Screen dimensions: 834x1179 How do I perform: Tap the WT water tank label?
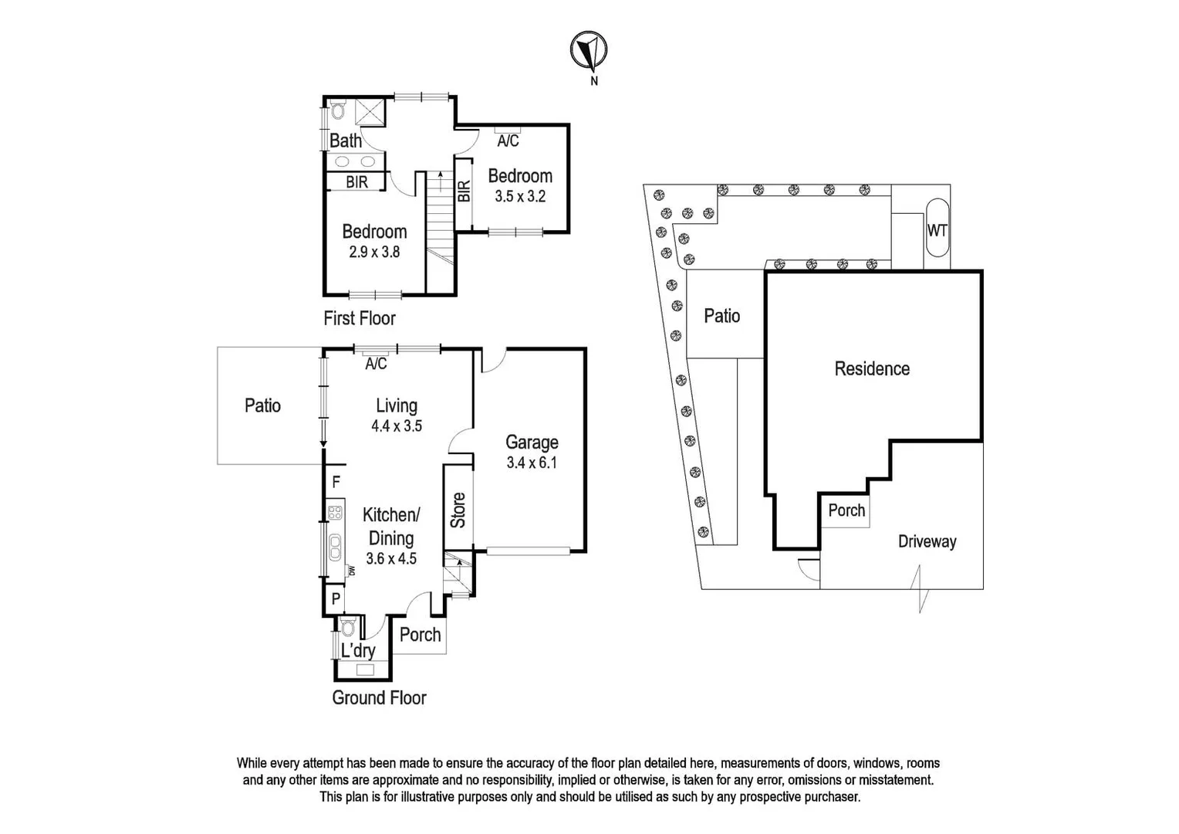click(937, 230)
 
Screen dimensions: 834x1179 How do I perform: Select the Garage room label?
click(532, 442)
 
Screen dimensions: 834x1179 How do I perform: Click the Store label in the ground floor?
click(458, 510)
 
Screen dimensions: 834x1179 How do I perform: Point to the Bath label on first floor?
click(345, 141)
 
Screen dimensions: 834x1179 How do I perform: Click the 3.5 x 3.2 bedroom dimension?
click(520, 196)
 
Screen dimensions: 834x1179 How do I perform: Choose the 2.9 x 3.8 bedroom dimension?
click(374, 252)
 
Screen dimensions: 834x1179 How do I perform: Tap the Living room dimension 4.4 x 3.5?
click(397, 425)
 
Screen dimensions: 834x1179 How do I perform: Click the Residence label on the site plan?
click(872, 369)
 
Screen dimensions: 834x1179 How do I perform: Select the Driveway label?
click(927, 541)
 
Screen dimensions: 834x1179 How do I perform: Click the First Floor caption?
click(359, 318)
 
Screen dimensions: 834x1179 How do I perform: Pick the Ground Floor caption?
click(379, 698)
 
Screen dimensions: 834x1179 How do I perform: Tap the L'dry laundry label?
click(358, 650)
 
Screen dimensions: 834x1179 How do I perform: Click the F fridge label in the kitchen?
click(336, 483)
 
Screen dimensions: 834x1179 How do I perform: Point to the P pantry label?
click(336, 598)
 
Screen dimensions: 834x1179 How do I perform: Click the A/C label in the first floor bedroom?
click(508, 141)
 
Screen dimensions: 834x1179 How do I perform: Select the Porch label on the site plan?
click(846, 510)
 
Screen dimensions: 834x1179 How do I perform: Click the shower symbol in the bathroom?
click(370, 113)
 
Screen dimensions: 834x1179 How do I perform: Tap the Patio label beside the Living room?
click(262, 405)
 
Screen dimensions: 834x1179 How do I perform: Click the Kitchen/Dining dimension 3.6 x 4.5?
click(391, 558)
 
